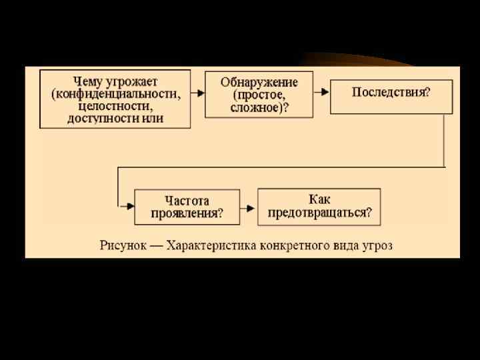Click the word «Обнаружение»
click(259, 82)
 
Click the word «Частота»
click(187, 200)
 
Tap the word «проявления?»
click(187, 213)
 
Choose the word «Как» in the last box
click(319, 199)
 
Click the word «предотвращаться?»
click(319, 213)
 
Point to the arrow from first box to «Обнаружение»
click(197, 94)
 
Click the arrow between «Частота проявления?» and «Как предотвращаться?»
click(248, 208)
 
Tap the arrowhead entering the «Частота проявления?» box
click(128, 207)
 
